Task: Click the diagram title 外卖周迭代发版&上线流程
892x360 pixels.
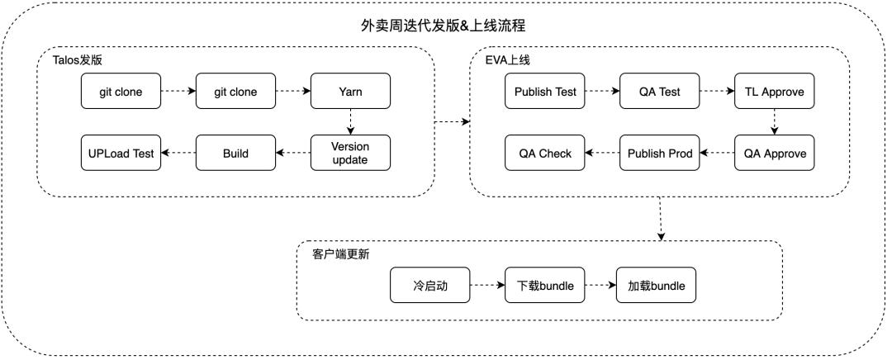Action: [444, 26]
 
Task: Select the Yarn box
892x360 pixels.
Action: [350, 92]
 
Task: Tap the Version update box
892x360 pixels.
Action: [350, 154]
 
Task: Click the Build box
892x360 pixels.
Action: [235, 154]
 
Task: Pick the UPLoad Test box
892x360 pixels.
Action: [121, 154]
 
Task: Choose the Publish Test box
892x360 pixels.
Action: [545, 92]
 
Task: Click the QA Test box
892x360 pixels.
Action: [660, 92]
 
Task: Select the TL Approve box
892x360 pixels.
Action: [774, 92]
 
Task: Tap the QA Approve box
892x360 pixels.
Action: [774, 154]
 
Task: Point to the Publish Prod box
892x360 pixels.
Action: [660, 154]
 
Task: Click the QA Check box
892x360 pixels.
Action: [545, 154]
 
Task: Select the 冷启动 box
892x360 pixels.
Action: [430, 287]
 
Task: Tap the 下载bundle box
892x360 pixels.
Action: [545, 287]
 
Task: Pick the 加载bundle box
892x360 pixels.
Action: [657, 287]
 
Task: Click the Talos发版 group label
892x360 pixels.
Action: [79, 60]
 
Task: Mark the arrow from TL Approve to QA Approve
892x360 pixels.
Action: [774, 122]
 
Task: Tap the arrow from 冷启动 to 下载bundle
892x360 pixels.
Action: [487, 287]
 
